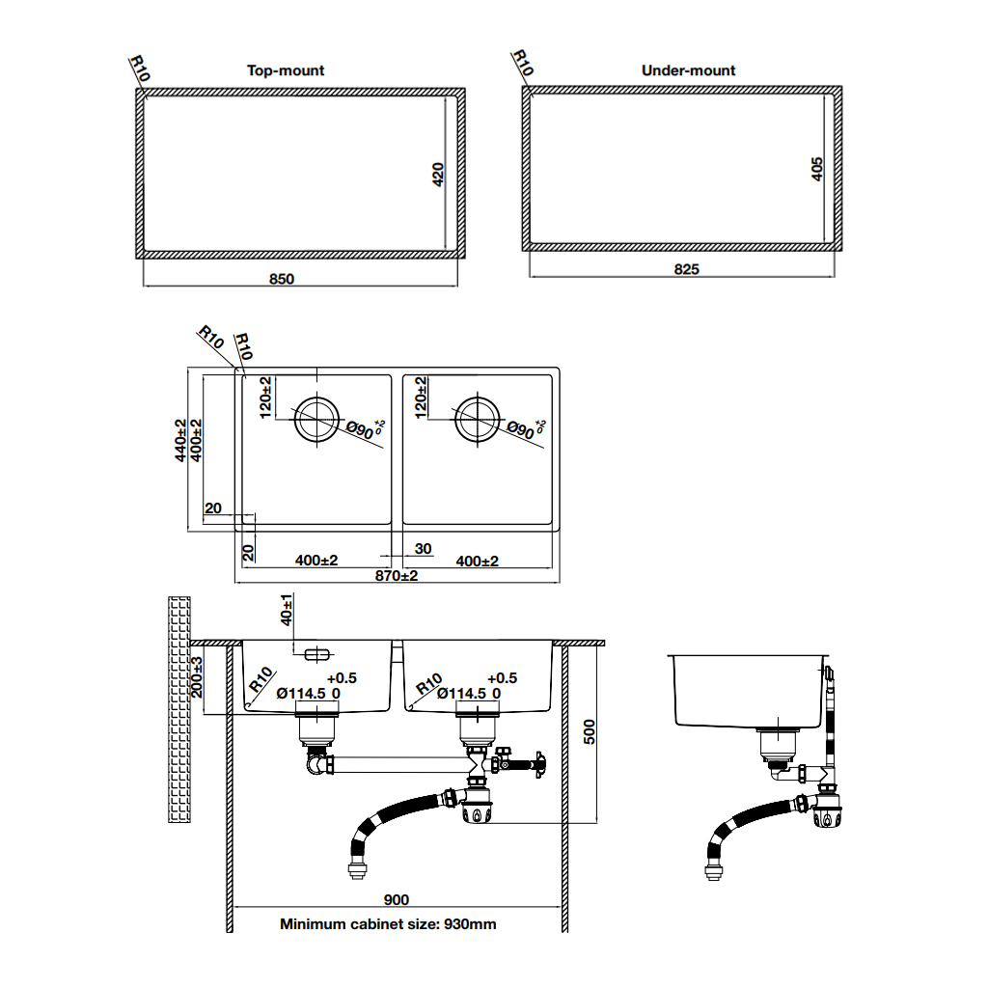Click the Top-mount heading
point(286,70)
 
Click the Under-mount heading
point(688,70)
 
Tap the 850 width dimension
point(282,279)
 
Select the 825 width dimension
point(686,270)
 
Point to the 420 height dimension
point(438,175)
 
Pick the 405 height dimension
point(816,169)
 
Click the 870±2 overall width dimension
point(397,575)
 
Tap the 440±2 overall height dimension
point(180,440)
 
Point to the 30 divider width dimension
point(423,549)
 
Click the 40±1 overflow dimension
point(287,610)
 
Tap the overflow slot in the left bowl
point(316,655)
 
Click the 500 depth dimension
point(590,732)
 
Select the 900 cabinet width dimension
point(397,900)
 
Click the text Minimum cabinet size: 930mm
point(388,924)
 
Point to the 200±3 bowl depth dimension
point(197,677)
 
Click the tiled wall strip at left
point(178,709)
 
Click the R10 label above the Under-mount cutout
point(523,63)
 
